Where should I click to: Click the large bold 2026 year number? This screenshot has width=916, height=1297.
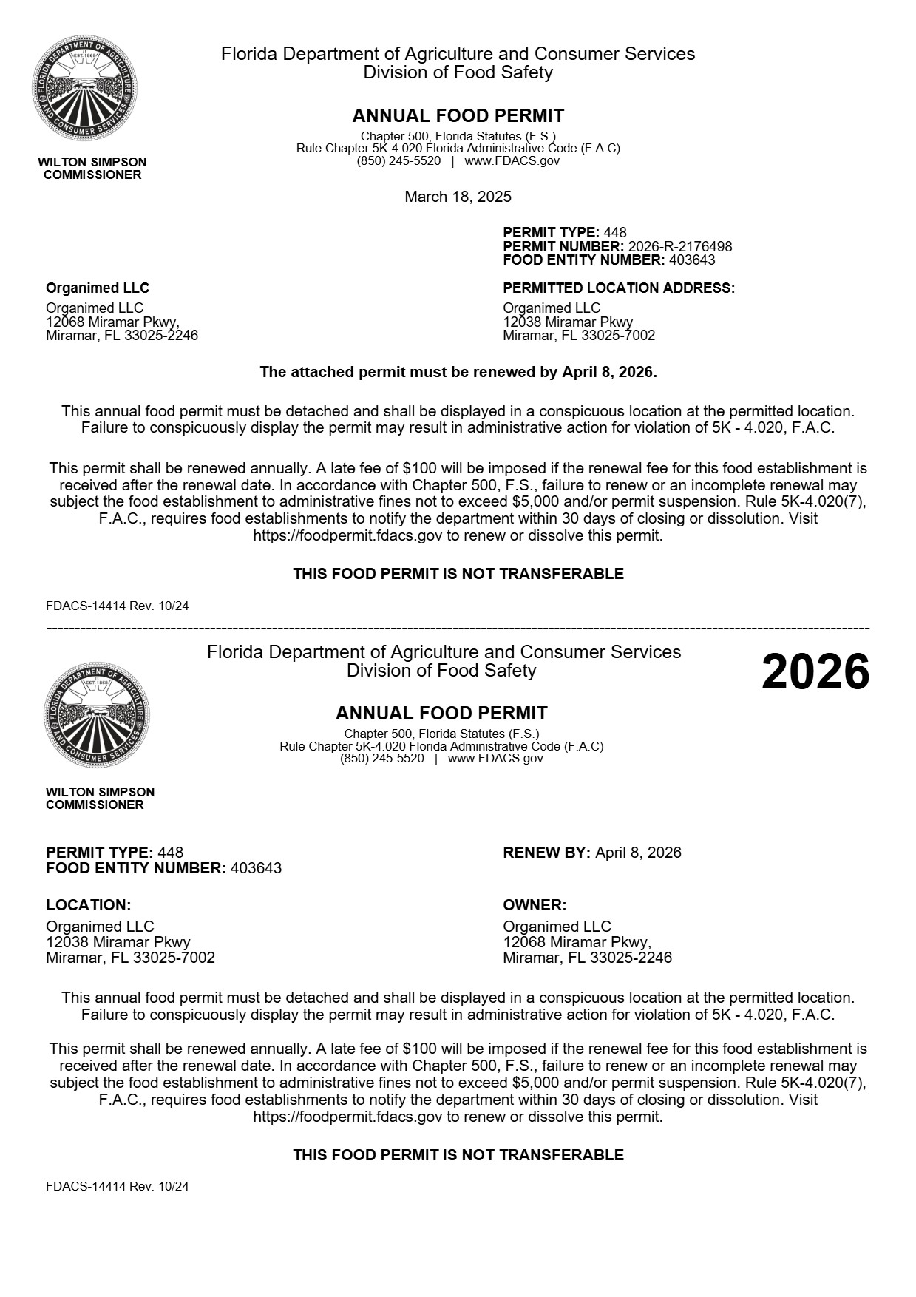pos(815,672)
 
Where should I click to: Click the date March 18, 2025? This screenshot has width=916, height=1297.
pos(458,197)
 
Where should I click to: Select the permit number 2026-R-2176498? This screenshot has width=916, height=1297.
pos(680,246)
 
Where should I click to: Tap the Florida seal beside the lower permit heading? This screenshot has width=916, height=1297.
pos(97,715)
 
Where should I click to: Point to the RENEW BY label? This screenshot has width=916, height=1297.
pos(546,853)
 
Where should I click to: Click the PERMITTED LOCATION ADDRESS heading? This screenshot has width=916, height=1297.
pos(619,288)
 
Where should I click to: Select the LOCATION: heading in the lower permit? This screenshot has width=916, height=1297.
pos(88,905)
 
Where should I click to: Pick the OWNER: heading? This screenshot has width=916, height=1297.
pos(535,905)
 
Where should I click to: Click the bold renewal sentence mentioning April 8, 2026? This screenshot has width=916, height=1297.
pos(458,372)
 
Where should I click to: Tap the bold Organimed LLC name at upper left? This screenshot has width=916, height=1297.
pos(98,288)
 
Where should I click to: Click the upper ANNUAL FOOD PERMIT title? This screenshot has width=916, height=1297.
pos(458,116)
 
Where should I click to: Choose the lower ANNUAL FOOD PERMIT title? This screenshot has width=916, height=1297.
pos(441,714)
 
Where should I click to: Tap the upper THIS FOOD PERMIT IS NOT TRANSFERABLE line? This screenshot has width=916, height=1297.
pos(458,574)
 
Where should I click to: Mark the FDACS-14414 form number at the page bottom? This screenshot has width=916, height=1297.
pos(117,1186)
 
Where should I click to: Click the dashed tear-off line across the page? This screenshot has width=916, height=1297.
pos(458,629)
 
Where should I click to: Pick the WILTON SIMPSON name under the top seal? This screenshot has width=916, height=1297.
pos(92,162)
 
